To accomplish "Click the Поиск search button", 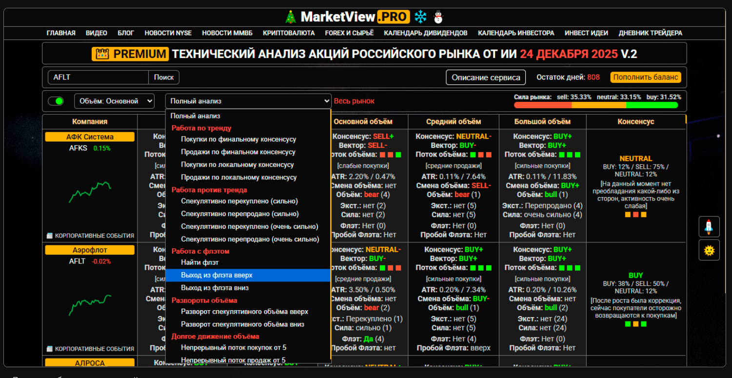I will (x=164, y=78).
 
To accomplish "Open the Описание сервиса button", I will (x=486, y=78).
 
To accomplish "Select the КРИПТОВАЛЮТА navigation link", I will (x=289, y=33).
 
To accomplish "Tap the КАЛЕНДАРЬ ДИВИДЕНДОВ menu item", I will (x=425, y=33).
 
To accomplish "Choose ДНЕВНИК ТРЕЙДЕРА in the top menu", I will (x=650, y=33).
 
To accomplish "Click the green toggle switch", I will (x=56, y=101).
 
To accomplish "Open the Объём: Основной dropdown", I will (x=114, y=101).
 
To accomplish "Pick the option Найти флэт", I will (x=200, y=262).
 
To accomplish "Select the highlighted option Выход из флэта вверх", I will (x=217, y=275).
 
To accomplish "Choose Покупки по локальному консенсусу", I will (x=237, y=165).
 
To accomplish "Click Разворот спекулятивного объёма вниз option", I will (x=242, y=324).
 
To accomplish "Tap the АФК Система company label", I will (x=90, y=137).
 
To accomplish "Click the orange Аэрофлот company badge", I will (x=90, y=250).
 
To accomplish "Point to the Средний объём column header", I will (x=454, y=121).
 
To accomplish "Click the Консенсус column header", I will (x=635, y=121).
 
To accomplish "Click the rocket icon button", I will (x=709, y=226).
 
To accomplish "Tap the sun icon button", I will (x=709, y=250).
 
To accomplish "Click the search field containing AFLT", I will (x=98, y=78).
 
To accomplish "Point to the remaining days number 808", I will (x=594, y=77).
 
